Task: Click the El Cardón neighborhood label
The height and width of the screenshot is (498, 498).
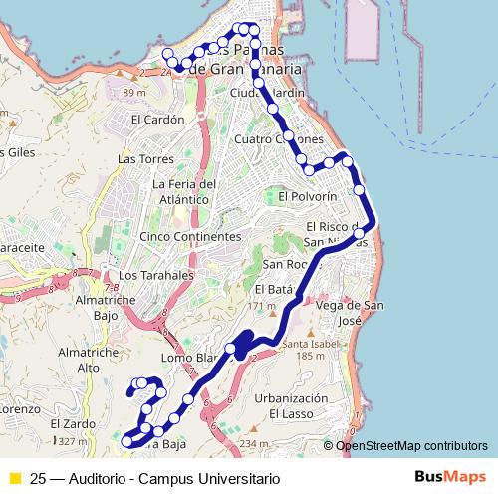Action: (x=158, y=119)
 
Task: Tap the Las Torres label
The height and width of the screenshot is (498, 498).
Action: (x=140, y=159)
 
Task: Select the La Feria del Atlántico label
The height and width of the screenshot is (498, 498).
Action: (x=184, y=191)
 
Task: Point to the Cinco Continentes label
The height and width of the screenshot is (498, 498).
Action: (x=190, y=237)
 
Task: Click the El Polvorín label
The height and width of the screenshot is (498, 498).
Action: (x=309, y=197)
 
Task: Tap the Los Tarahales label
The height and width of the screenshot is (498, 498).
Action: (x=154, y=275)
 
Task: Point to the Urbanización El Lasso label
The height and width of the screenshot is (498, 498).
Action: (x=291, y=405)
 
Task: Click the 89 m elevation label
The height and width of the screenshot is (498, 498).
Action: (x=134, y=93)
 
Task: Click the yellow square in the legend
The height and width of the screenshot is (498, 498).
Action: (x=14, y=478)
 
